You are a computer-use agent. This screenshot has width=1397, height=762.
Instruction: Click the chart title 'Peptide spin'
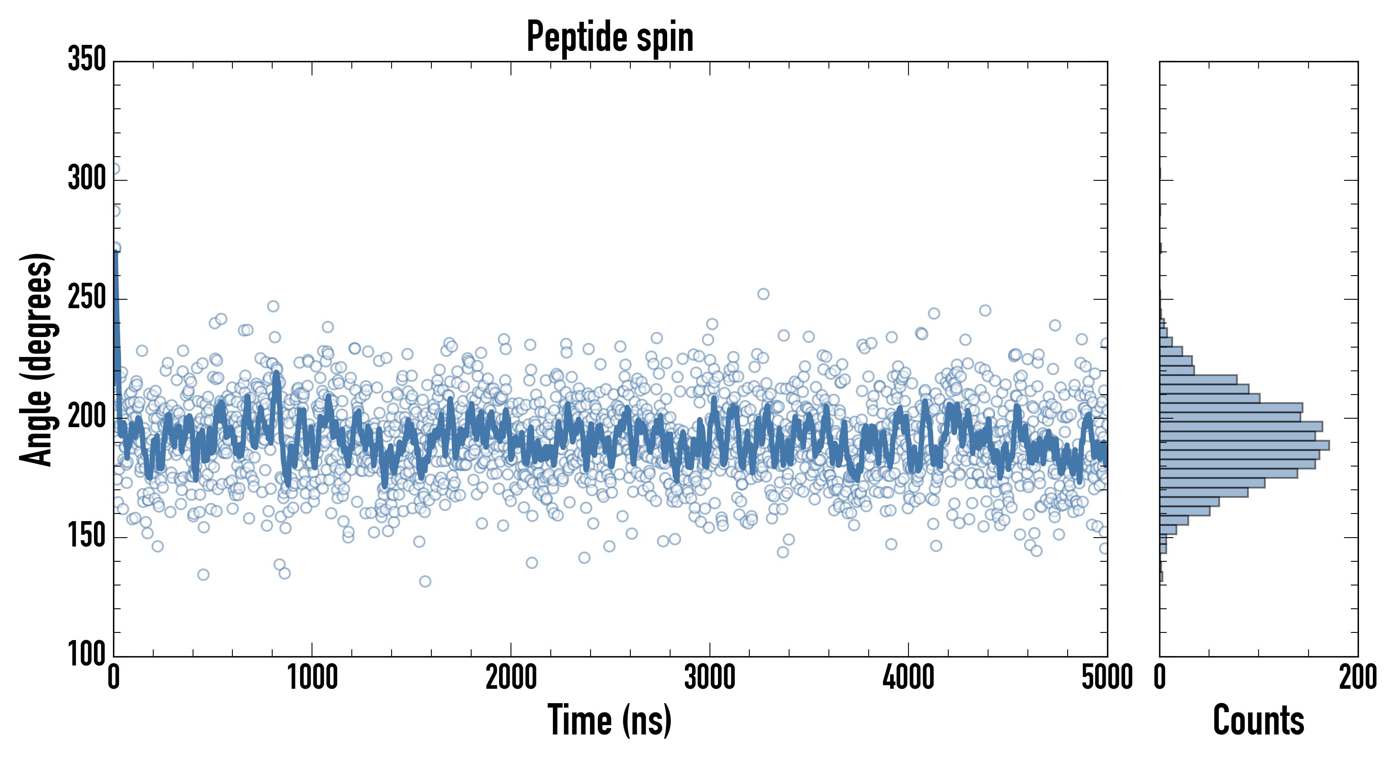tap(610, 37)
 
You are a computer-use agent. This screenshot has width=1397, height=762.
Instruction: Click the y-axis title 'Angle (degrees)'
tap(37, 359)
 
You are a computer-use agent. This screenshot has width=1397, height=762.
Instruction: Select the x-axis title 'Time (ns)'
tap(610, 720)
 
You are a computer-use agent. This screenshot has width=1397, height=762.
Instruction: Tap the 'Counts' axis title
tap(1259, 720)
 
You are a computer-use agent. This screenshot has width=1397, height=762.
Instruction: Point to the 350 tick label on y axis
tap(87, 59)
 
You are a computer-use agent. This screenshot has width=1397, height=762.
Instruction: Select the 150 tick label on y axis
tap(87, 536)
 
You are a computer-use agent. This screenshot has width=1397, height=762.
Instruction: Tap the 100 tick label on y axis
tap(87, 654)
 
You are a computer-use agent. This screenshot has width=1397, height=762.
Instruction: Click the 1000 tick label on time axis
tap(312, 677)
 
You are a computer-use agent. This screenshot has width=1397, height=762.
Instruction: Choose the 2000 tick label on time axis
tap(511, 677)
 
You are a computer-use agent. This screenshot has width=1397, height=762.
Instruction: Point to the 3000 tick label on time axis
tap(710, 677)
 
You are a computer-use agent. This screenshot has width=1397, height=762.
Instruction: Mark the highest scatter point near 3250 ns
tap(763, 294)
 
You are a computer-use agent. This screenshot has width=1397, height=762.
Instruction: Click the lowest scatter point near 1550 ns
tap(425, 581)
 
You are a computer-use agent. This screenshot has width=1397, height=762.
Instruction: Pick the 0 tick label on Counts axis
tap(1160, 677)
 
